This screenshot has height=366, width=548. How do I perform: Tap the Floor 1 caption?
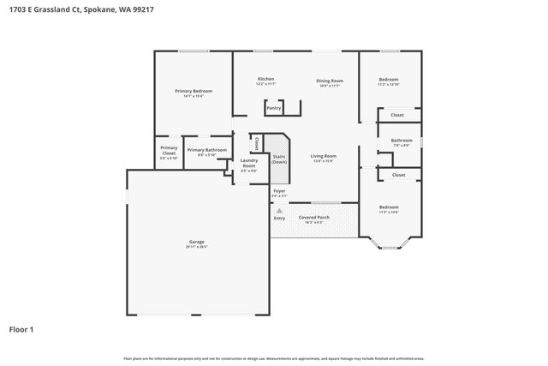click(x=21, y=328)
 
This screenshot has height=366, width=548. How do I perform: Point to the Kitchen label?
click(x=265, y=80)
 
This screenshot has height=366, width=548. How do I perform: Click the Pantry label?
click(x=273, y=108)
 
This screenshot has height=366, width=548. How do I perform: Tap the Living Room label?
click(x=324, y=157)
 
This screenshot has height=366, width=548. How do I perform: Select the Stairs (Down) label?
click(x=278, y=159)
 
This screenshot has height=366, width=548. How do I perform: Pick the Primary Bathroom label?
click(x=206, y=150)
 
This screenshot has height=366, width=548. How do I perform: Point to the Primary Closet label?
click(x=169, y=151)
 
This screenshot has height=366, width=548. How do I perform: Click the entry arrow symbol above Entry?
click(x=279, y=210)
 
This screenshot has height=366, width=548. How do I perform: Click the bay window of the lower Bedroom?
click(x=388, y=247)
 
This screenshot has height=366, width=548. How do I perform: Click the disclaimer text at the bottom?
click(x=273, y=358)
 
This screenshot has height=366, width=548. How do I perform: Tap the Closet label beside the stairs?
click(x=256, y=143)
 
